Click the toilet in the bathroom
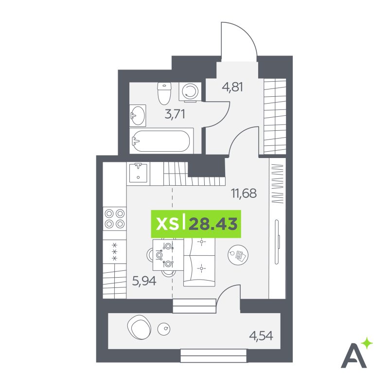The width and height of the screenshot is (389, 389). (164, 93)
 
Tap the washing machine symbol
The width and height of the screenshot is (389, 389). (190, 92)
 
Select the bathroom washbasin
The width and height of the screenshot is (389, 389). (138, 116)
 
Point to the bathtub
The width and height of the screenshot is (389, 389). (161, 141)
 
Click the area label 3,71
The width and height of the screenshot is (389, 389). (175, 114)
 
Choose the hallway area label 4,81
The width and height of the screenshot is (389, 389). (232, 87)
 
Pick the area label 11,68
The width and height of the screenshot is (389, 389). (244, 193)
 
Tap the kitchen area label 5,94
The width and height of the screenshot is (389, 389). (144, 281)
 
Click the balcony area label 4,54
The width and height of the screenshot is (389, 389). (261, 336)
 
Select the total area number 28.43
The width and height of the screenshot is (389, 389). (213, 224)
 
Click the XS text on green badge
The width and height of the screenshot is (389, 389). (167, 224)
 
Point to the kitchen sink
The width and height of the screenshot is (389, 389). (138, 173)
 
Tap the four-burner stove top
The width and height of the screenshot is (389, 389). (115, 218)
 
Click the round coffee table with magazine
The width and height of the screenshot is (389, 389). (238, 254)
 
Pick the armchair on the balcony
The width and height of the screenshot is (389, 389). (139, 327)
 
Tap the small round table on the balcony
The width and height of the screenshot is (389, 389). (164, 329)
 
